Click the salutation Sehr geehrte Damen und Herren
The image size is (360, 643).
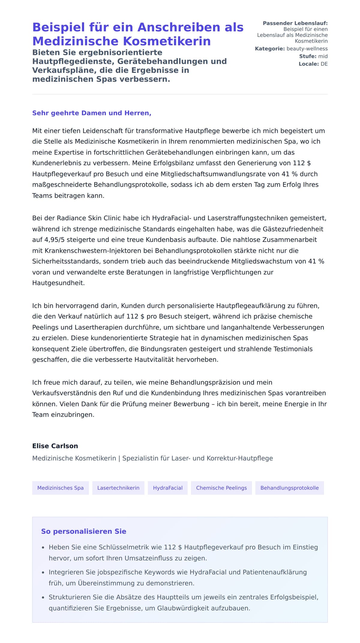coord(91,113)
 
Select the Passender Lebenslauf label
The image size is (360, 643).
coord(295,23)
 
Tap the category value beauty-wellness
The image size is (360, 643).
coord(307,49)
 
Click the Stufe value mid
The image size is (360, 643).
coord(323,56)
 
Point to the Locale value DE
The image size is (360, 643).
coord(324,64)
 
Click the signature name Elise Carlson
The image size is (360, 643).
coord(55,446)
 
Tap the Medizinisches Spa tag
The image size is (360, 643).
coord(60,488)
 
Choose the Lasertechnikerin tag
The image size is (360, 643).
coord(118,488)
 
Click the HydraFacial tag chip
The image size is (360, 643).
coord(168,488)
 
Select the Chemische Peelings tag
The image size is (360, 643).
coord(221,488)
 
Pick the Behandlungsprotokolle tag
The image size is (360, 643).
coord(289,488)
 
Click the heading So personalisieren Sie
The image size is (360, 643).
coord(84,531)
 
